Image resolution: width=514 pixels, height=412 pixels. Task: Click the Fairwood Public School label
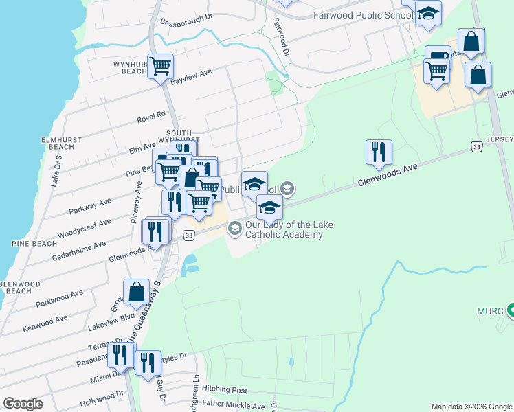point(361,14)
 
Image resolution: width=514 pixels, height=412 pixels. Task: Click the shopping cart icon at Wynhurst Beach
point(160,67)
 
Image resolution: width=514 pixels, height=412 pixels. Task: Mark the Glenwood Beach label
point(16,287)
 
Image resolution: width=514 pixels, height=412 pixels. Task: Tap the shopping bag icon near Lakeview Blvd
point(137,292)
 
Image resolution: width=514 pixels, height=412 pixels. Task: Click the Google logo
point(23,404)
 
